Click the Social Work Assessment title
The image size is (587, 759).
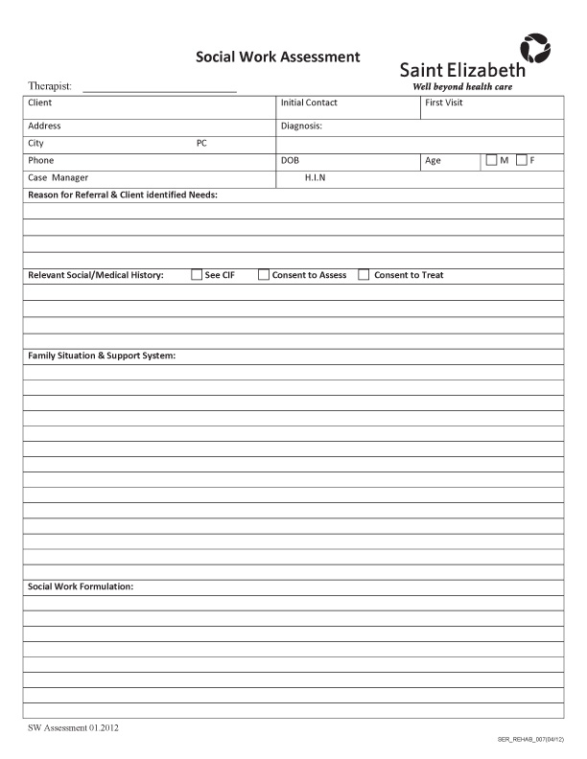[x=278, y=57]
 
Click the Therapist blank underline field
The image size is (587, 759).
[x=159, y=87]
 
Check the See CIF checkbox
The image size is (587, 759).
[x=197, y=275]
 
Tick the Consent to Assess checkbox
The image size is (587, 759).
[x=264, y=275]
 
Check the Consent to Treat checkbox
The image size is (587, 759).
[x=364, y=275]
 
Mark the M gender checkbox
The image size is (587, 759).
[x=492, y=160]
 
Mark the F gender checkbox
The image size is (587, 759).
[x=522, y=160]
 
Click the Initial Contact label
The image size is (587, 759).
[x=309, y=103]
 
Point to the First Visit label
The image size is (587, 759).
[x=444, y=103]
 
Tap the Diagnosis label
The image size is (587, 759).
[x=301, y=126]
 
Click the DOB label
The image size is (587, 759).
[x=290, y=160]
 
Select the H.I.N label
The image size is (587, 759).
[x=315, y=177]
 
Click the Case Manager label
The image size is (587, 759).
[x=58, y=177]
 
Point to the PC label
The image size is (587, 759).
[x=201, y=143]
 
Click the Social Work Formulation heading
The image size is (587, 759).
[x=81, y=586]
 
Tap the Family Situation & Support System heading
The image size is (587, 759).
[x=102, y=356]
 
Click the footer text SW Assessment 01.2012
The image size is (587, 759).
[x=73, y=727]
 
